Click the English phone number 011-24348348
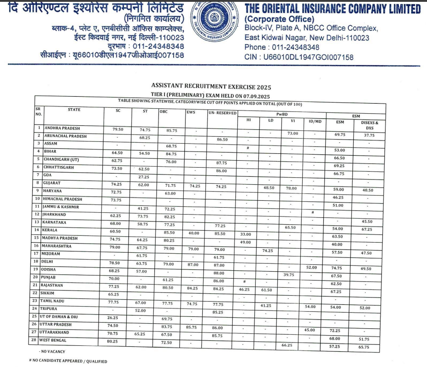[x=295, y=47]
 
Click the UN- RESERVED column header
[x=222, y=113]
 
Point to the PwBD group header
[x=282, y=114]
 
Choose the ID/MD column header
[x=315, y=122]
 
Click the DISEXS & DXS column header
[x=369, y=125]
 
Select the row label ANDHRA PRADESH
[x=62, y=128]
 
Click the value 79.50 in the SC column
[x=117, y=129]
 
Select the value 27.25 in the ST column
[x=145, y=177]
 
